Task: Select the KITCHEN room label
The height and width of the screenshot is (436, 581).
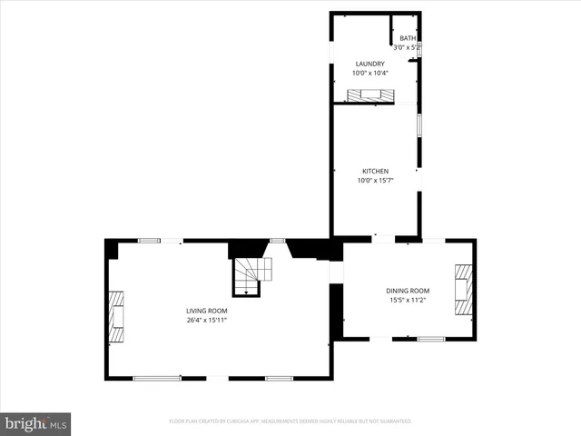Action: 376,171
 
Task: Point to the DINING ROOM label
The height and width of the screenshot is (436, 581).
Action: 409,290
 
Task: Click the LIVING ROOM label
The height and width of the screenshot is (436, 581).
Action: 207,311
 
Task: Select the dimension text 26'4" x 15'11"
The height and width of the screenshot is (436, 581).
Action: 207,320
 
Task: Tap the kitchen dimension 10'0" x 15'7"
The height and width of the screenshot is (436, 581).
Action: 376,180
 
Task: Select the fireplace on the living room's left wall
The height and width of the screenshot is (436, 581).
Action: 116,317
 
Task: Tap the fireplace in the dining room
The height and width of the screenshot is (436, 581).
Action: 464,288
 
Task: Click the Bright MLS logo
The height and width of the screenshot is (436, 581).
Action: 36,423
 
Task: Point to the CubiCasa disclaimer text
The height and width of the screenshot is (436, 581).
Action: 290,421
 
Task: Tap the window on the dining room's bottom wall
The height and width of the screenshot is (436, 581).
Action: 430,339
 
